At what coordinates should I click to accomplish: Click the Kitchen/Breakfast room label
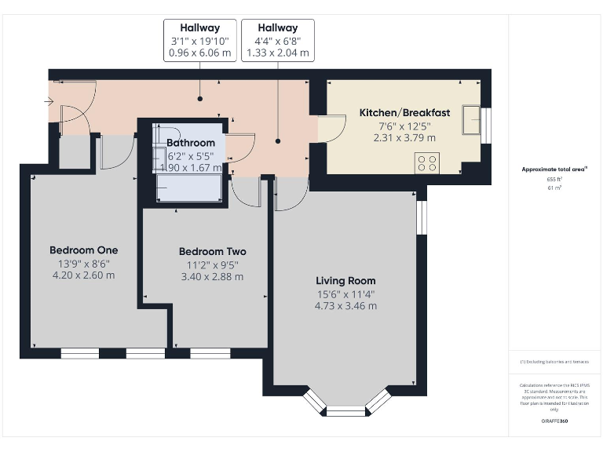click(404, 113)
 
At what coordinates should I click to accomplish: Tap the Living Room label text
click(345, 280)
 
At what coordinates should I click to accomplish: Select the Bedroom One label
click(83, 250)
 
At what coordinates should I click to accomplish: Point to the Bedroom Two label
click(212, 251)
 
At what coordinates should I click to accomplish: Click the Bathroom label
click(191, 143)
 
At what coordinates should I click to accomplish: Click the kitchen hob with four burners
click(427, 162)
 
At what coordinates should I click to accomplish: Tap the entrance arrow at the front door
click(49, 101)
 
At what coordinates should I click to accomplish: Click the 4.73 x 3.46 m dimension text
click(345, 306)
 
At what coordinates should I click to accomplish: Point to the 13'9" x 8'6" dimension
click(83, 264)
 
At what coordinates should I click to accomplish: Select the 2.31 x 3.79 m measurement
click(404, 138)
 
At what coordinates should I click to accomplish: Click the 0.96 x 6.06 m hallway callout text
click(199, 54)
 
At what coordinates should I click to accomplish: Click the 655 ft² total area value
click(554, 180)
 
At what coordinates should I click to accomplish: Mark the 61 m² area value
click(554, 188)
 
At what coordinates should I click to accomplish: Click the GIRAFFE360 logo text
click(554, 421)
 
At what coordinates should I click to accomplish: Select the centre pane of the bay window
click(345, 411)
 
